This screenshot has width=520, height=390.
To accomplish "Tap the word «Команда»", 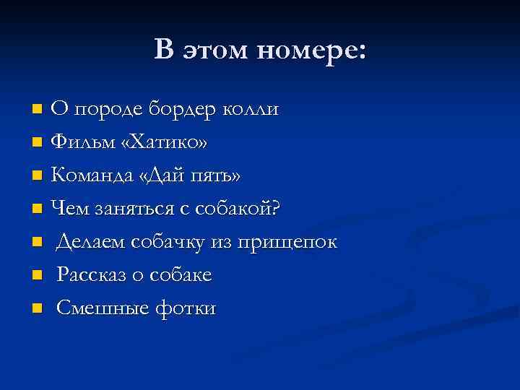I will click(x=89, y=175).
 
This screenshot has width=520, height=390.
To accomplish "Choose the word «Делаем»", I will click(x=90, y=242).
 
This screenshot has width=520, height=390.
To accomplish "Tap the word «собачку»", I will click(x=165, y=242).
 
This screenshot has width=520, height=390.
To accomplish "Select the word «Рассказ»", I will click(x=92, y=275).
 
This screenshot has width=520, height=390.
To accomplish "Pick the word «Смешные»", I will click(x=96, y=308).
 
